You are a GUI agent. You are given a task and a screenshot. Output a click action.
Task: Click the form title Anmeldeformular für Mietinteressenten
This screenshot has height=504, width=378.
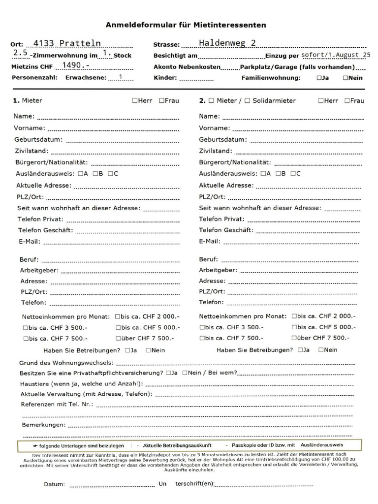click(x=186, y=25)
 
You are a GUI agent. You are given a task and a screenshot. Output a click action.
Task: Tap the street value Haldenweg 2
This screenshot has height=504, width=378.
click(x=227, y=43)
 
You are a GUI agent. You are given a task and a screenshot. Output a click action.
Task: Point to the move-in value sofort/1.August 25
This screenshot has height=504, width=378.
click(x=336, y=55)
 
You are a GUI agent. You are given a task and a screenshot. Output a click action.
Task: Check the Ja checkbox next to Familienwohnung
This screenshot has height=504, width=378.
click(x=319, y=78)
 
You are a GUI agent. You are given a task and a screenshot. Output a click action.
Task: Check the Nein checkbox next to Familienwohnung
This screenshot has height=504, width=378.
click(x=346, y=78)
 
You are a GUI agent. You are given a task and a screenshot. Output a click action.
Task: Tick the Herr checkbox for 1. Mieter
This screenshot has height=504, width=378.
click(x=134, y=100)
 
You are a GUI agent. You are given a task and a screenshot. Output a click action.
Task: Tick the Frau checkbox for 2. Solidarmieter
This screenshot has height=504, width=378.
click(x=347, y=100)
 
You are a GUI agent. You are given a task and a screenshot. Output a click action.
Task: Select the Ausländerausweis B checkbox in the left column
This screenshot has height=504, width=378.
click(x=95, y=173)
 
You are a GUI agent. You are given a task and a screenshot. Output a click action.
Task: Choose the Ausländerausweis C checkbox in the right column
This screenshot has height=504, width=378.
click(x=293, y=173)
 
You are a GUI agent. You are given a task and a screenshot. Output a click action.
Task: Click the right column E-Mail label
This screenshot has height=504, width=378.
click(x=210, y=241)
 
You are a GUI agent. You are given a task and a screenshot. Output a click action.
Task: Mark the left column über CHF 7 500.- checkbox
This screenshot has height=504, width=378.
click(x=119, y=338)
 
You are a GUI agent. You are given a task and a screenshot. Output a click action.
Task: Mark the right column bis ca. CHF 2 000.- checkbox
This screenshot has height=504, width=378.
click(x=294, y=316)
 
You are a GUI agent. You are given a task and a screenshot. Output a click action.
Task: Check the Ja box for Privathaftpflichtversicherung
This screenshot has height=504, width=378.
click(x=169, y=373)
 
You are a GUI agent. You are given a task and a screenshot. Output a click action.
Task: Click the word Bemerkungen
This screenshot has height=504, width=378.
click(x=43, y=424)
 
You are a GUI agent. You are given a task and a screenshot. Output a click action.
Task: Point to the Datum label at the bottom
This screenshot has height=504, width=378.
click(x=54, y=484)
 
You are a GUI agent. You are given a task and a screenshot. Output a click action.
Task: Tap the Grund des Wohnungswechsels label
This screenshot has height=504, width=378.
click(x=66, y=362)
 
